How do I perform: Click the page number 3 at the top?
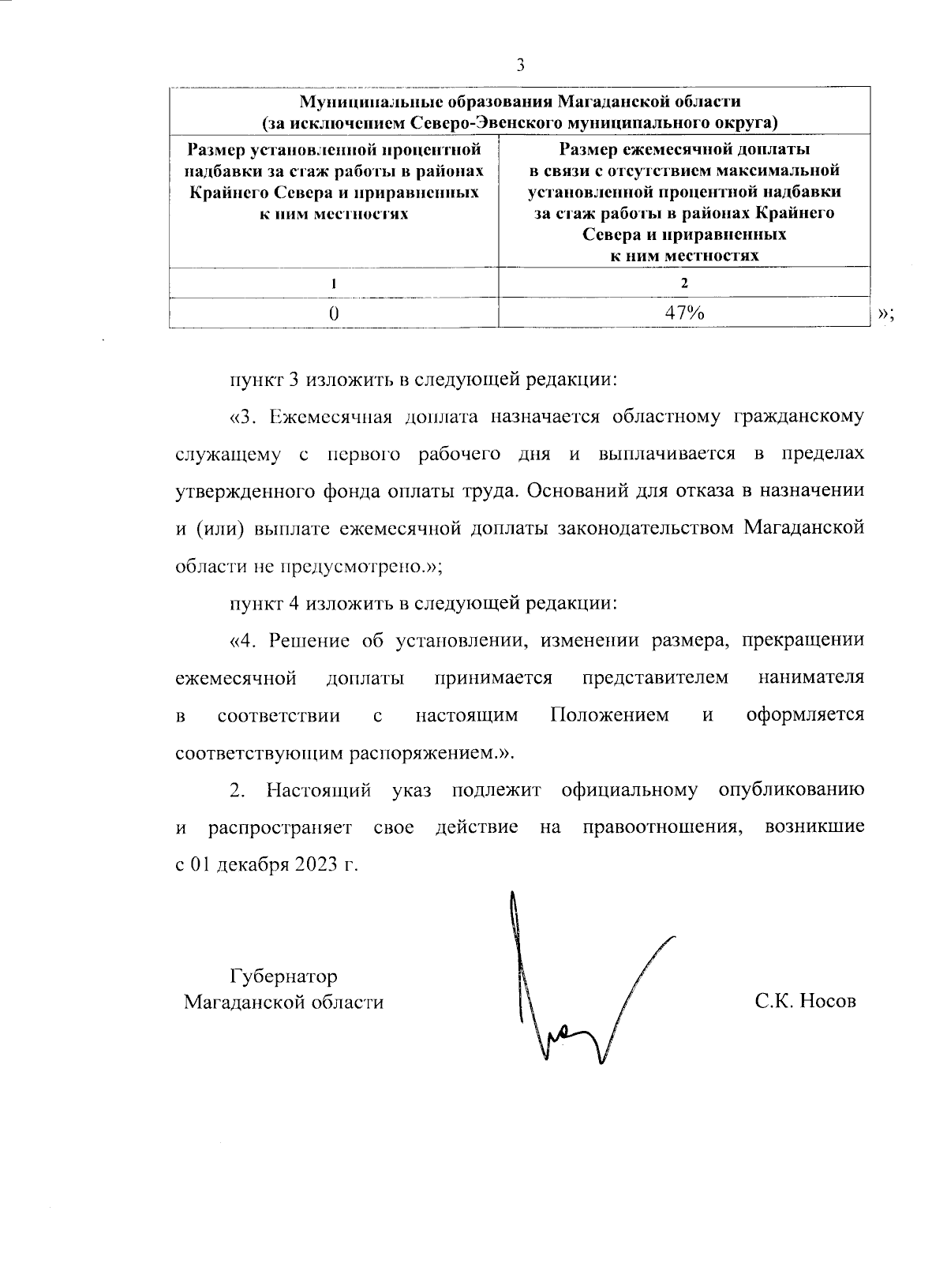520,66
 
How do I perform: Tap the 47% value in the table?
683,313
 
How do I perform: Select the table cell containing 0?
334,313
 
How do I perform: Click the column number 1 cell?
334,283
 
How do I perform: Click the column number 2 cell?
683,283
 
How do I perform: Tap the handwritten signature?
568,995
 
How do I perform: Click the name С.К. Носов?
805,1002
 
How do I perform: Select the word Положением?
609,715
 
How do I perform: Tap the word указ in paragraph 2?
411,790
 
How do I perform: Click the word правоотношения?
662,827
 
